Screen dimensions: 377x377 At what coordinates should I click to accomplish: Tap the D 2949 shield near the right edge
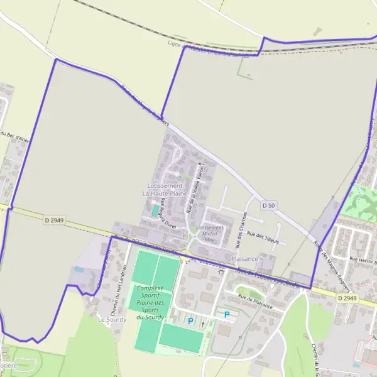coord(347,298)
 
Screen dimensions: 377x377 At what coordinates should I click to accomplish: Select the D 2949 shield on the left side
coord(55,220)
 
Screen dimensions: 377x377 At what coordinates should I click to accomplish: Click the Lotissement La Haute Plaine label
coord(165,190)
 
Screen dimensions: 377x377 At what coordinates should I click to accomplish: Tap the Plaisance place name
coord(244,259)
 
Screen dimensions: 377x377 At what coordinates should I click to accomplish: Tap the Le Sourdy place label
coord(112,319)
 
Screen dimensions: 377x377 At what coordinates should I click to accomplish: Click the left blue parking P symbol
coord(190,321)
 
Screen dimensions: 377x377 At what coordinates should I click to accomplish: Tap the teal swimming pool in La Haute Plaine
coord(155,210)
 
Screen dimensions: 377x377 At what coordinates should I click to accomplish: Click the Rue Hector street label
coord(362,259)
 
